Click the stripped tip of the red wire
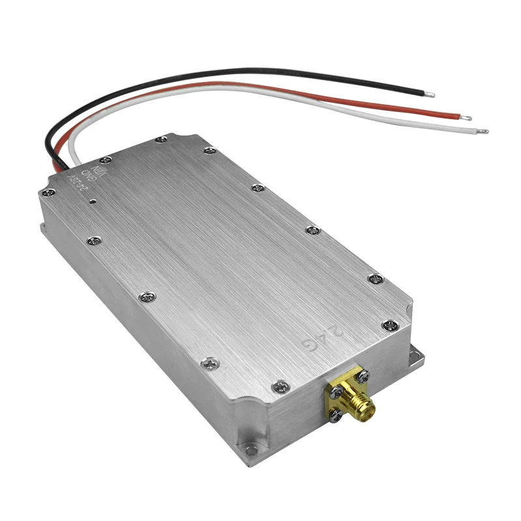click(466, 118)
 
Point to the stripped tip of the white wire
click(483, 132)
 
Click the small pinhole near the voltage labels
click(93, 201)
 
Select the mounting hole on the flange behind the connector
click(414, 356)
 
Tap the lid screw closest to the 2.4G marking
click(389, 325)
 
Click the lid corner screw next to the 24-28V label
click(49, 192)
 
